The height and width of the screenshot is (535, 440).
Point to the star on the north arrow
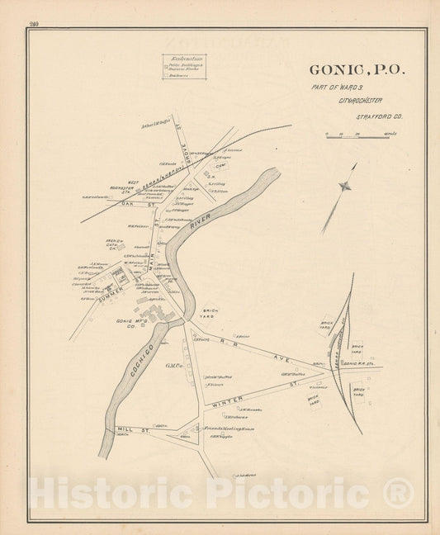tap(351, 186)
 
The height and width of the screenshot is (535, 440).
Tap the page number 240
tap(32, 26)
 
